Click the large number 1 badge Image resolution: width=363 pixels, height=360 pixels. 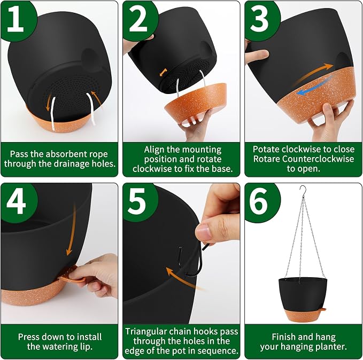(16, 20)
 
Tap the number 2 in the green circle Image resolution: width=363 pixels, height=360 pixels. (138, 20)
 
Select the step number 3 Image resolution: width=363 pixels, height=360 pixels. (259, 20)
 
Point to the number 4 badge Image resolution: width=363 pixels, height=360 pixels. (16, 202)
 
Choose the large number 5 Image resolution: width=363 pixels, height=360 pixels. (137, 202)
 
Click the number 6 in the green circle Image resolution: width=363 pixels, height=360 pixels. (259, 202)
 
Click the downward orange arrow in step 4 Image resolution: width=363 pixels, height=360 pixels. (71, 231)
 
